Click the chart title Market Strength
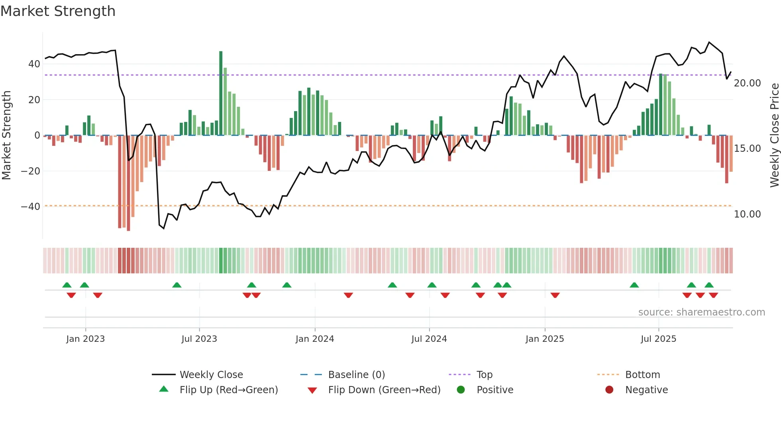(x=58, y=11)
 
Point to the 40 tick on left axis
(x=34, y=64)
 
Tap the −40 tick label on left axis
(x=30, y=207)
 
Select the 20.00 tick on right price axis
(x=747, y=83)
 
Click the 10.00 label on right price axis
(x=747, y=214)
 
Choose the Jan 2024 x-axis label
(x=314, y=339)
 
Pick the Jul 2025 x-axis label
(x=658, y=339)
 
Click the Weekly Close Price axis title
(x=774, y=135)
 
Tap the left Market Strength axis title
(x=6, y=135)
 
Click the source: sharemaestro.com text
(x=701, y=312)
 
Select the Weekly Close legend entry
(x=211, y=375)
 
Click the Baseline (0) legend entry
(x=356, y=375)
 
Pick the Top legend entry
(x=484, y=375)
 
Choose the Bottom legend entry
(x=642, y=375)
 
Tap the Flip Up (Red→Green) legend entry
(x=228, y=390)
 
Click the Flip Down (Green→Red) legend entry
(x=384, y=390)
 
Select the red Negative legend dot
(x=609, y=390)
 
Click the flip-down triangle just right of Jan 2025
(x=555, y=295)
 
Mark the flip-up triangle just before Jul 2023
(x=177, y=285)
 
